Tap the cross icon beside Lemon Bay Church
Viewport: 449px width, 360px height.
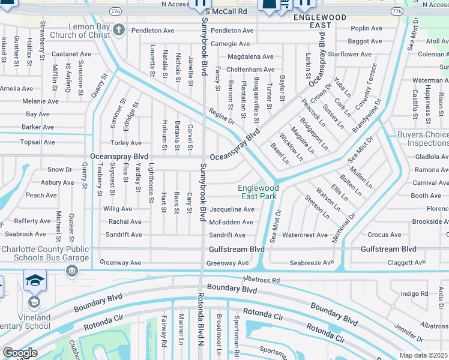click(x=119, y=29)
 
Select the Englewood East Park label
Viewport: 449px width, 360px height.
click(x=259, y=192)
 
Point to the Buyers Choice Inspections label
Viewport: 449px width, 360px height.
click(x=423, y=139)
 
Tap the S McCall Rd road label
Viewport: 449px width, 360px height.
click(x=226, y=11)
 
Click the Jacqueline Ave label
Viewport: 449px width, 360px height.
click(x=232, y=209)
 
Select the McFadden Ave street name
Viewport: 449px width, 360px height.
click(x=231, y=222)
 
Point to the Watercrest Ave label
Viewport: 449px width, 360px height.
click(x=305, y=235)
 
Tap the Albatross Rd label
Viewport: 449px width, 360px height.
click(x=261, y=280)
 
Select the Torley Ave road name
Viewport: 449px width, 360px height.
click(x=126, y=143)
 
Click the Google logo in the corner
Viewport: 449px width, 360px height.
click(x=20, y=353)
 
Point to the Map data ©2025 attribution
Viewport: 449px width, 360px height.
click(x=423, y=355)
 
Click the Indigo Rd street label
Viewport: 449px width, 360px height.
click(x=414, y=293)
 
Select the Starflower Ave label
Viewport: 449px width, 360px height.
click(x=354, y=54)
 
